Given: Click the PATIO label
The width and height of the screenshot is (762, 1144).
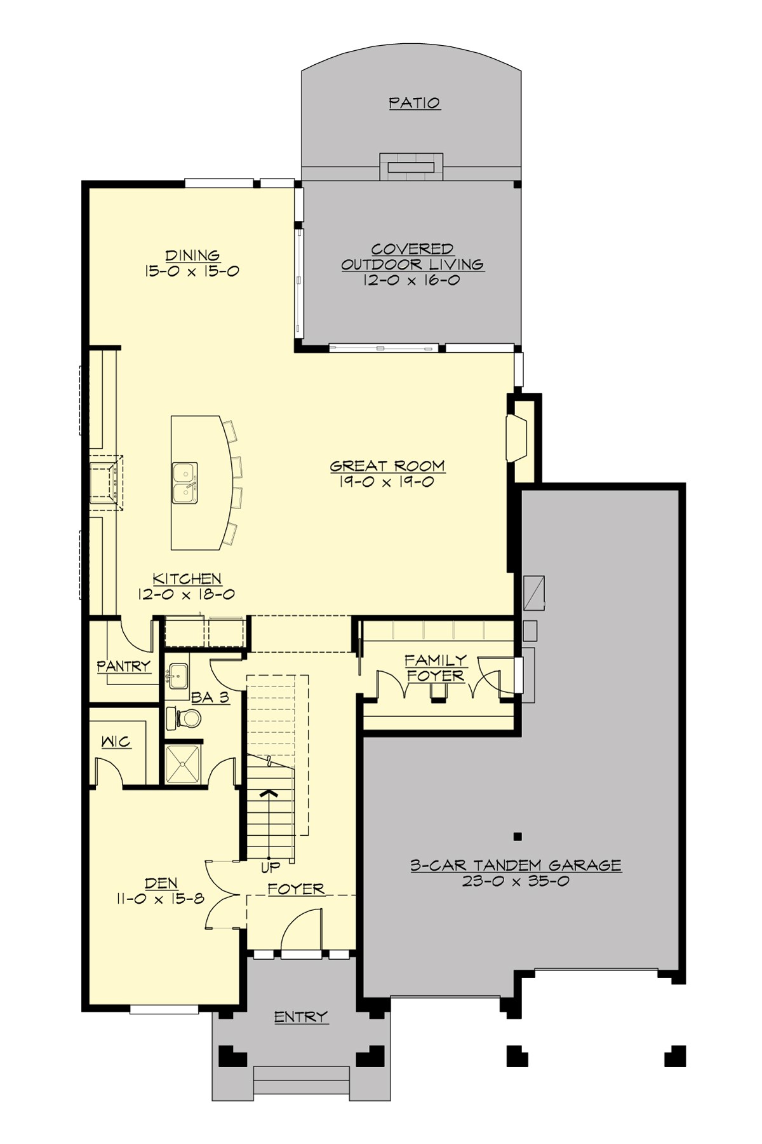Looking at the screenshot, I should tap(415, 103).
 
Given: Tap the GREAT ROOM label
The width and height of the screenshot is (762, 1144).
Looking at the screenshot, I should tap(387, 466).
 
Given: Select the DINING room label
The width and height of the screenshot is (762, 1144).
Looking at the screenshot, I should tap(193, 255).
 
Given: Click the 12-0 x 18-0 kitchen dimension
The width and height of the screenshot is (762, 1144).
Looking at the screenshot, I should tap(187, 595).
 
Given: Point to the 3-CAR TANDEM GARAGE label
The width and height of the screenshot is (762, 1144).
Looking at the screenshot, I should tap(516, 865).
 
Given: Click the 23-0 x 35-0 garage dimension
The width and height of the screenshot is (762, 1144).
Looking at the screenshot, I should tap(516, 882).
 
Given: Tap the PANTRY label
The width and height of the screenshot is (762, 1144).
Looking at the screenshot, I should tap(124, 666).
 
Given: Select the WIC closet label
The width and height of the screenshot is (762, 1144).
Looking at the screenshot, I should tap(116, 742).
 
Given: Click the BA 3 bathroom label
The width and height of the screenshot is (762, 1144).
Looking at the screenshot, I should tap(210, 697).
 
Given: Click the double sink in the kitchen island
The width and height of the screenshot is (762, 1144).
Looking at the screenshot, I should tap(184, 482).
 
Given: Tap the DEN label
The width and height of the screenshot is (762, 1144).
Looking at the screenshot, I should tap(161, 883).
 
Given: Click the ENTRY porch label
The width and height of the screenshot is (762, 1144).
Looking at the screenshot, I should tap(301, 1017).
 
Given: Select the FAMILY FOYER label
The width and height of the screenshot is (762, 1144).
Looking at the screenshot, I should tap(436, 669).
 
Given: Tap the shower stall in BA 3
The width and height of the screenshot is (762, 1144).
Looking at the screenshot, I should tap(182, 764).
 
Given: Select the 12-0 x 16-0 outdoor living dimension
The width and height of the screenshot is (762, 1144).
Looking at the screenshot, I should tap(411, 280).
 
